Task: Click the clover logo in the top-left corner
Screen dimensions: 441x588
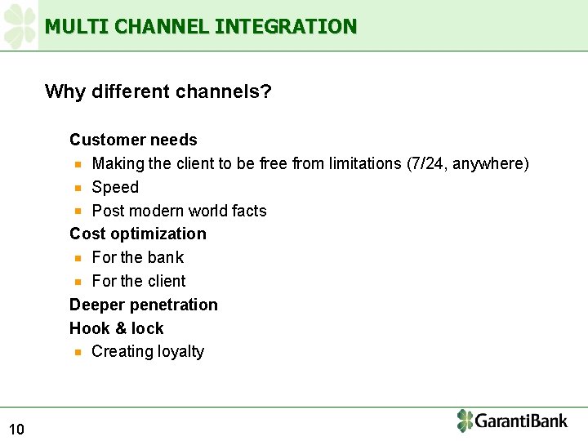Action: [20, 25]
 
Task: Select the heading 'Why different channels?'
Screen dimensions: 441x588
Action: [158, 91]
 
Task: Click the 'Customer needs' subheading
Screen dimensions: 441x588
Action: [133, 140]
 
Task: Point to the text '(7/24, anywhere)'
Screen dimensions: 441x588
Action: [467, 163]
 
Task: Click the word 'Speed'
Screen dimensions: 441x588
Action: [115, 187]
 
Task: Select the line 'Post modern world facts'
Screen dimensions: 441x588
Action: [179, 211]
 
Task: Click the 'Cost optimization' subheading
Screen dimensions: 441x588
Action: [138, 234]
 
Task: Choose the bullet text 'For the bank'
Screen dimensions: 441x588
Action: [138, 257]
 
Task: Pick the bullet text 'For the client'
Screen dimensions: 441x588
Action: [139, 281]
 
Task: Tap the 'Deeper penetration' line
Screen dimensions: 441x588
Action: [144, 305]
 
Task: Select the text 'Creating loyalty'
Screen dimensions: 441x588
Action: [148, 351]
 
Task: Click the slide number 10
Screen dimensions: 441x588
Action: [16, 430]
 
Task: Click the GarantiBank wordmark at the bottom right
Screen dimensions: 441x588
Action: [521, 421]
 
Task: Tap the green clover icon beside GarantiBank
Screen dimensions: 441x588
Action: [465, 421]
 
